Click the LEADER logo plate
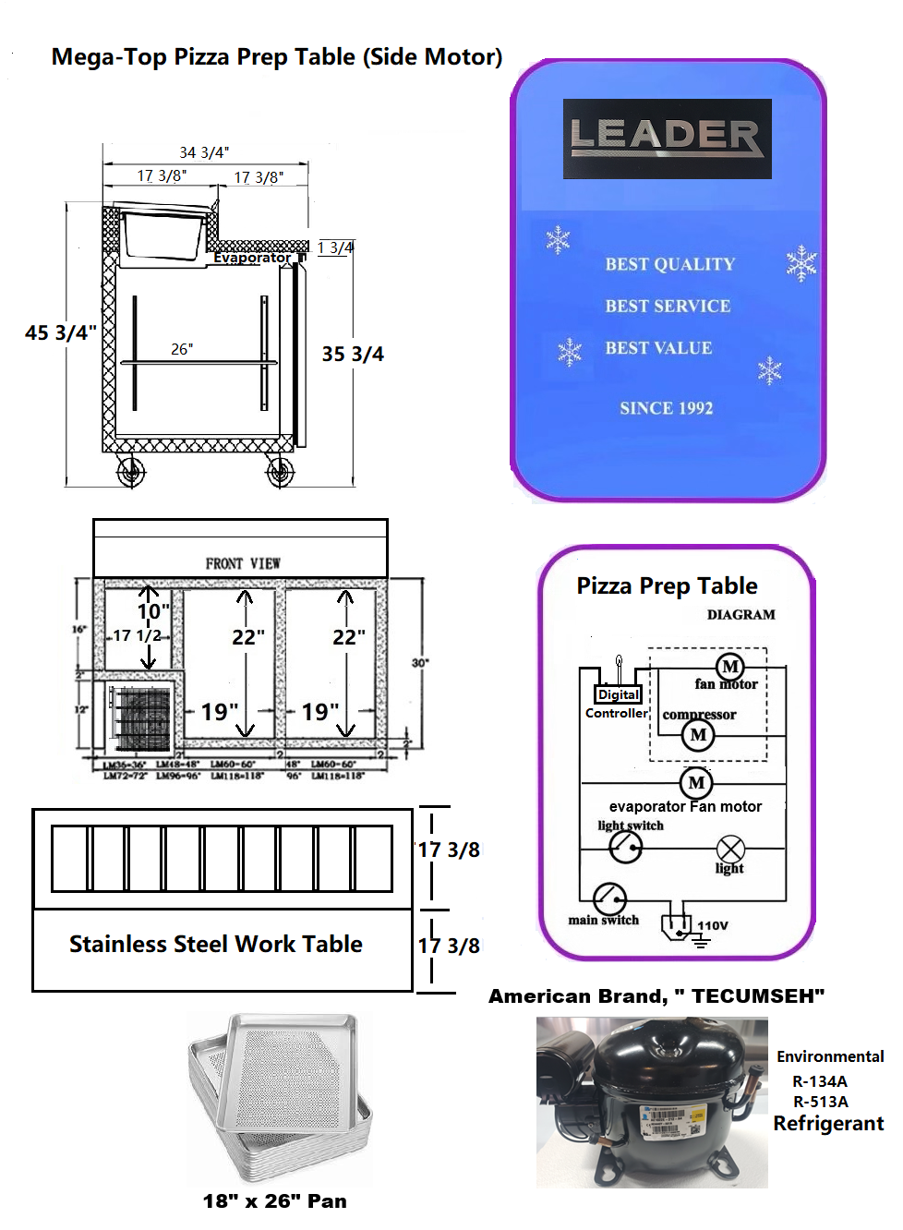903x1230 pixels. click(x=667, y=138)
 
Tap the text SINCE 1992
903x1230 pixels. click(x=666, y=408)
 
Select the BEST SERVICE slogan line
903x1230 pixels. click(x=668, y=306)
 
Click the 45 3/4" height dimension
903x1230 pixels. click(x=60, y=332)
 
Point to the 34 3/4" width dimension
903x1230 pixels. click(x=204, y=152)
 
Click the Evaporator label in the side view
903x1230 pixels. click(x=251, y=258)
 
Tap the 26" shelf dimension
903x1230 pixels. click(x=182, y=349)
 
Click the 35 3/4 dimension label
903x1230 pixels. click(x=353, y=354)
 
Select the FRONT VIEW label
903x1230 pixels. click(x=243, y=563)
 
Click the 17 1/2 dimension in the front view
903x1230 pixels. click(x=137, y=635)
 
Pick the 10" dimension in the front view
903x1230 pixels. click(x=153, y=611)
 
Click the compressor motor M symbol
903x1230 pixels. click(x=698, y=735)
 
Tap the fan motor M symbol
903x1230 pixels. click(x=730, y=667)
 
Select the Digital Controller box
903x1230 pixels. click(x=618, y=694)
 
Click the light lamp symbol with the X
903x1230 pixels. click(x=730, y=849)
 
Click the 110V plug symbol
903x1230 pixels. click(x=677, y=924)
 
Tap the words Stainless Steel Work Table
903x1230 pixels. click(x=216, y=944)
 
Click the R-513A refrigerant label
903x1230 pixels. click(x=820, y=1102)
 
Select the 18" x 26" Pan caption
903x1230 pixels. click(x=275, y=1200)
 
